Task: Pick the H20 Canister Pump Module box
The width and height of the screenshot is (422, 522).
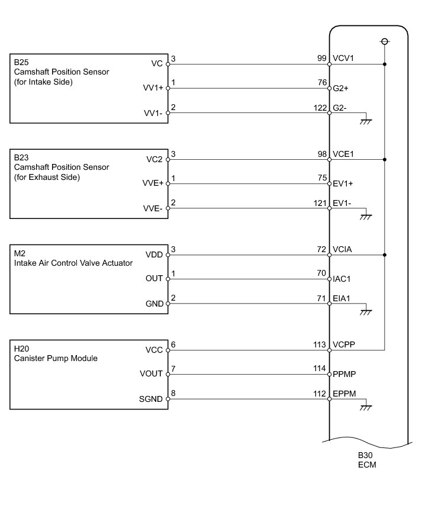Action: pyautogui.click(x=89, y=374)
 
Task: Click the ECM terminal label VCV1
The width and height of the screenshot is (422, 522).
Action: pyautogui.click(x=344, y=59)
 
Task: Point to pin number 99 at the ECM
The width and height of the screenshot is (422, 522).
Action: pyautogui.click(x=322, y=59)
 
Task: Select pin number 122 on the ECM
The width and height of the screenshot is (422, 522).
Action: pyautogui.click(x=320, y=107)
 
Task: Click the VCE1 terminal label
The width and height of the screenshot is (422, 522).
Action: pyautogui.click(x=344, y=154)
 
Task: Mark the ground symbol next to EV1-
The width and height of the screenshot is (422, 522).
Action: pyautogui.click(x=367, y=216)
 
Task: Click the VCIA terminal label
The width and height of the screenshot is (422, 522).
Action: pyautogui.click(x=343, y=250)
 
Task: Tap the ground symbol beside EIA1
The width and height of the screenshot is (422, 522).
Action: pyautogui.click(x=367, y=311)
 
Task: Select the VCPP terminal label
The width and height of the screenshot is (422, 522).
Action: pyautogui.click(x=344, y=344)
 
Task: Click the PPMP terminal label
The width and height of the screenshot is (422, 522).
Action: pyautogui.click(x=344, y=373)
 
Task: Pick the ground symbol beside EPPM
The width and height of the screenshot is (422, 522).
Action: pyautogui.click(x=367, y=407)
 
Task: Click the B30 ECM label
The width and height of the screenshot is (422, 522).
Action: pyautogui.click(x=366, y=460)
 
